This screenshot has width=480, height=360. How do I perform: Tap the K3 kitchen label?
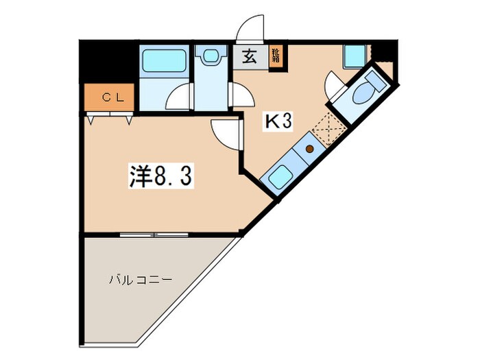279,122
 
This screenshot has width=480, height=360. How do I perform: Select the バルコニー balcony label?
140,280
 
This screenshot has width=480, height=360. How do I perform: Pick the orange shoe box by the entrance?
275,55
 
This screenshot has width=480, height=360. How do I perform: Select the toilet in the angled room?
368,88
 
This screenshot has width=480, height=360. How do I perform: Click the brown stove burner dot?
309,148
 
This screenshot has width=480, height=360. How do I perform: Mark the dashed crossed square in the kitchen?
328,128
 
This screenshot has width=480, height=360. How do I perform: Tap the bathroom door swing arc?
180,97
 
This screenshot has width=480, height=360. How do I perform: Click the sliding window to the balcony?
154,235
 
